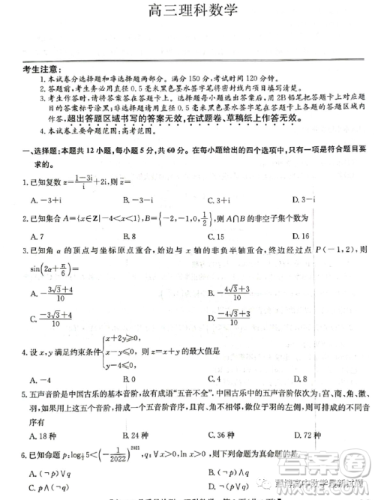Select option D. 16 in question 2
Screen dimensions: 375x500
pos(301,236)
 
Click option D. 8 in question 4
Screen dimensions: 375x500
pos(301,379)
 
